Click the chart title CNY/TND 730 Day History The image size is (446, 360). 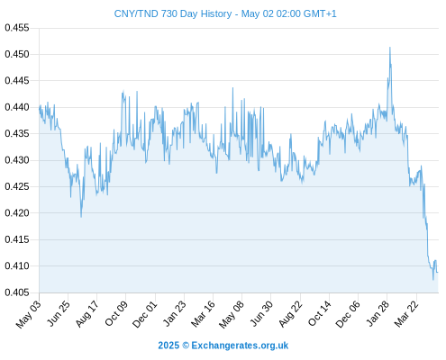(173, 14)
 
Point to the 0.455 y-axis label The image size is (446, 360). (17, 28)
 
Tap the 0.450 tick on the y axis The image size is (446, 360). (17, 54)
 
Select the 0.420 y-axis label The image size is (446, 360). (17, 213)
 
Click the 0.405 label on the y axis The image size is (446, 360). (17, 292)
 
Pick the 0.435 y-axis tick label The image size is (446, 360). (17, 133)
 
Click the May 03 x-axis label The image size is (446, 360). (29, 314)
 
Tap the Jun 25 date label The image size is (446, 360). (59, 313)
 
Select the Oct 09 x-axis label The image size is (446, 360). (116, 313)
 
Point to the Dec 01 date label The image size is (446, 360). (145, 314)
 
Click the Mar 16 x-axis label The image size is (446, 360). (204, 313)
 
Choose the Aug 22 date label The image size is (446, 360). (290, 314)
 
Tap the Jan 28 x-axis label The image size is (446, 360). (378, 313)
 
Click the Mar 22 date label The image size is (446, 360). (406, 313)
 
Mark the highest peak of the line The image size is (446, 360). (390, 48)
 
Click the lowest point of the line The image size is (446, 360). (433, 280)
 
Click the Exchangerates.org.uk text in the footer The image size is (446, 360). (240, 346)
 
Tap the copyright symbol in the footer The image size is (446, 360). (186, 346)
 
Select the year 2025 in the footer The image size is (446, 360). (168, 346)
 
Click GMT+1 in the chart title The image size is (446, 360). (320, 14)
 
